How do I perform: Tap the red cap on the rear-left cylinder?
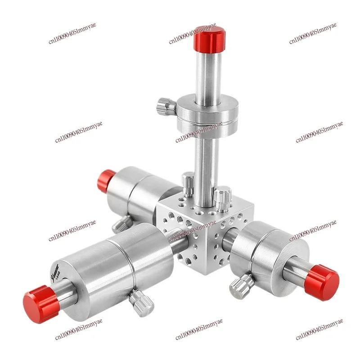click(106, 180)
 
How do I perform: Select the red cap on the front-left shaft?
click(41, 304)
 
